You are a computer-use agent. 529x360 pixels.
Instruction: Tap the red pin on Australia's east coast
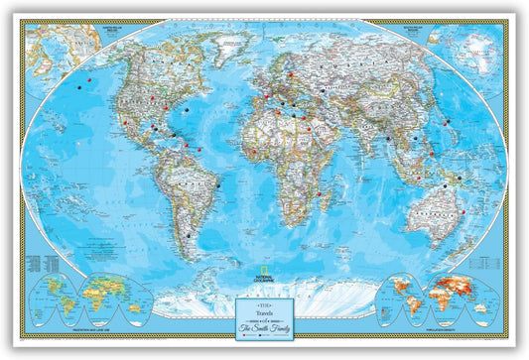click(x=465, y=211)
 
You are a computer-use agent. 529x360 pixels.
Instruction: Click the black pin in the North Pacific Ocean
click(x=79, y=87)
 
